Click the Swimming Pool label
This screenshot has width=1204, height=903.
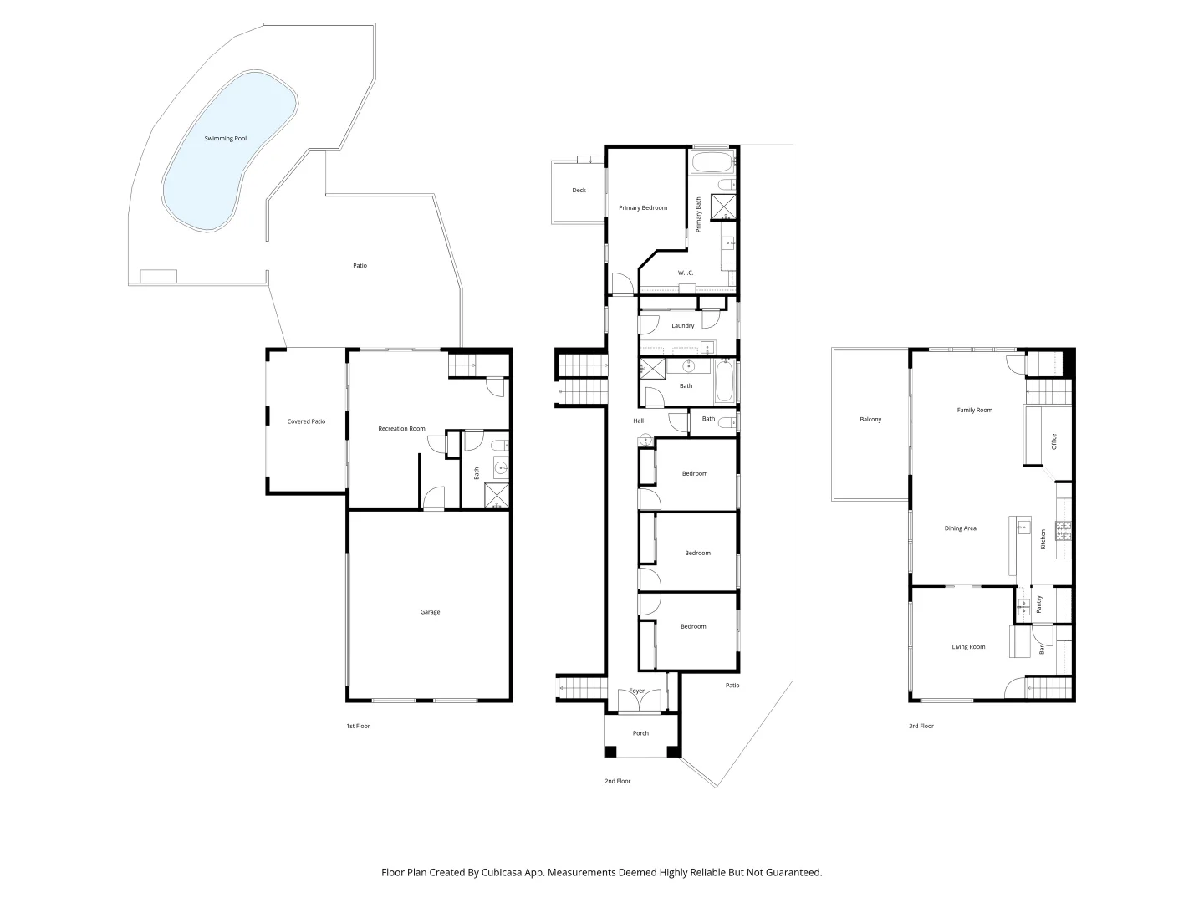(226, 139)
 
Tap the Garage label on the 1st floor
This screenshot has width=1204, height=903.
(430, 612)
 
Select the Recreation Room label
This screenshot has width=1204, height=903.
(401, 429)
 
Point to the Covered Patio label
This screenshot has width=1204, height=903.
(306, 422)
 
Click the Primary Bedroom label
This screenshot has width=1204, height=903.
(643, 207)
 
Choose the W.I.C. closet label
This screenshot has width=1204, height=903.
(686, 273)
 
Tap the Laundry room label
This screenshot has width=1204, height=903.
(683, 326)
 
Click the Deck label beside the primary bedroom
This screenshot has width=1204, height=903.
(579, 191)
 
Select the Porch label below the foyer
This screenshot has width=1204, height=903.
(640, 733)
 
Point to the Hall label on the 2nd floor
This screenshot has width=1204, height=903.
(638, 421)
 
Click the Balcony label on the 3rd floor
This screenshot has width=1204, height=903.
(870, 420)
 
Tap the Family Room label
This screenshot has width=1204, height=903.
(975, 411)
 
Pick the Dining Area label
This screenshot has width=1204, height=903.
(961, 528)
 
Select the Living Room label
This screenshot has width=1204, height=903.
(968, 647)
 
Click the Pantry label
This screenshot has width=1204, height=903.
(1039, 605)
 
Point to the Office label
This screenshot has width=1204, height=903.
(1054, 441)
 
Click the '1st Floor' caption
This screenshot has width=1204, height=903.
(358, 727)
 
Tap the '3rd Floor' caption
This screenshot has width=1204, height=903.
(921, 727)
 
